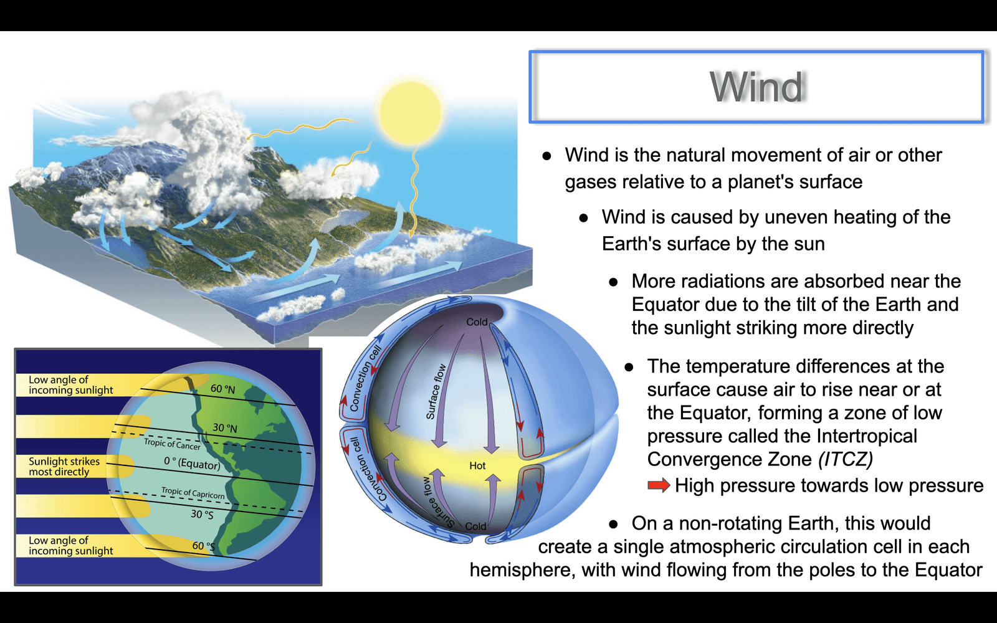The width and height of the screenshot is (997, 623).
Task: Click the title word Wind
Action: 756,87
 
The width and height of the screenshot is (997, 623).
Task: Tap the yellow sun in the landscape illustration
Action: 410,112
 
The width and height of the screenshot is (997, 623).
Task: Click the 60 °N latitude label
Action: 223,389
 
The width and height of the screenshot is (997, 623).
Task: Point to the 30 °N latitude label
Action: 225,428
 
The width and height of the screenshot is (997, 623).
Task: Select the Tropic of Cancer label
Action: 172,444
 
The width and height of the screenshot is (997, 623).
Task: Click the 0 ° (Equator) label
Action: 193,464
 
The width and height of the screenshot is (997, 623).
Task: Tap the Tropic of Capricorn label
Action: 193,493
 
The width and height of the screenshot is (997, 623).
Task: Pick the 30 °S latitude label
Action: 202,515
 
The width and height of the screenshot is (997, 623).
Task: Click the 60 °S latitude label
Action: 203,546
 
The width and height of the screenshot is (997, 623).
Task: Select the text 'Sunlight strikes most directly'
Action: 64,467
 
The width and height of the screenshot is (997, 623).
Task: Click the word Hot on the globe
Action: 477,466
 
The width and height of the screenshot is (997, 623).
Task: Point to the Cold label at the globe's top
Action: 477,321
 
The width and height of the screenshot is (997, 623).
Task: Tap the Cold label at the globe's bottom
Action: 475,526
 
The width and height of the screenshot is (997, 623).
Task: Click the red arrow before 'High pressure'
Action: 659,485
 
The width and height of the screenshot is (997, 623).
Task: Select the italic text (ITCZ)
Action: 846,459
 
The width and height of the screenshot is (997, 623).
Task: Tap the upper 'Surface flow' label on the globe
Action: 436,392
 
